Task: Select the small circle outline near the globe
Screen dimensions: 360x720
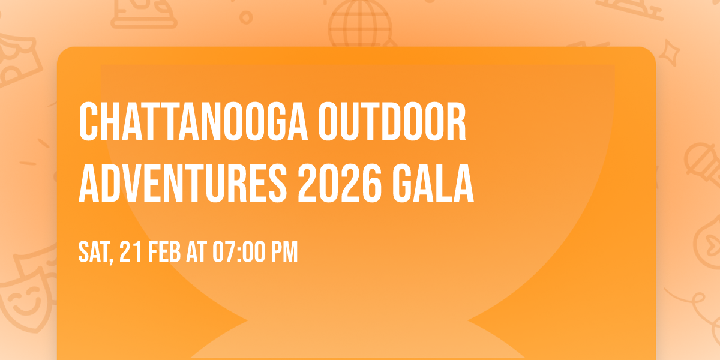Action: pyautogui.click(x=246, y=18)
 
